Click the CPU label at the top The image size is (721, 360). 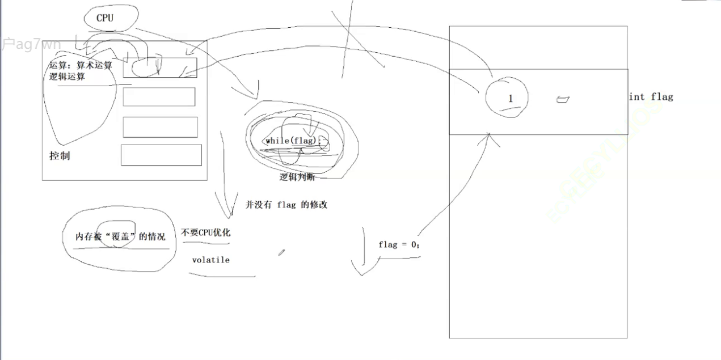click(105, 18)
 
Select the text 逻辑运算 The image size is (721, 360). click(67, 77)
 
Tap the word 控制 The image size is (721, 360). click(60, 156)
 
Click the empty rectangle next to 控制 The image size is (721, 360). click(161, 155)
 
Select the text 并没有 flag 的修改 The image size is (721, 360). click(286, 205)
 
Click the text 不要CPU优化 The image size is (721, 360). click(206, 232)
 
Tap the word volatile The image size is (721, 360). click(210, 260)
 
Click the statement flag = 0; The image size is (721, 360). click(399, 244)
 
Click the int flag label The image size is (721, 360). click(651, 97)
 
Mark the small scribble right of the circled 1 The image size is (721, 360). click(562, 100)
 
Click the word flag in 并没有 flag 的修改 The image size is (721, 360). click(287, 205)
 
